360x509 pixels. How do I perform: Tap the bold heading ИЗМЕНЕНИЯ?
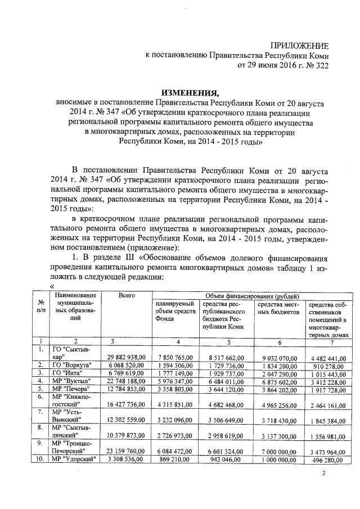coord(188,93)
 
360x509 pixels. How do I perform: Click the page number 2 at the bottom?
coord(323,474)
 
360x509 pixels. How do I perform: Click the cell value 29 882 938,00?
coord(128,357)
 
